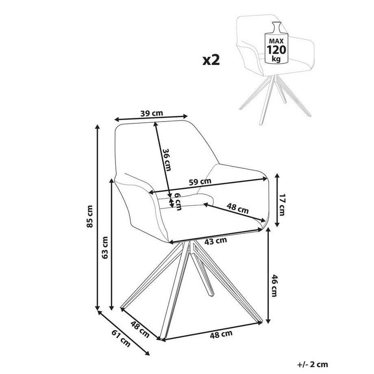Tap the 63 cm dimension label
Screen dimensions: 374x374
click(105, 248)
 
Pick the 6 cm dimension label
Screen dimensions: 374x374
click(178, 200)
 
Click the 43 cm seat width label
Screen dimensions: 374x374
click(215, 240)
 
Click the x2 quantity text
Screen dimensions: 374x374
click(211, 60)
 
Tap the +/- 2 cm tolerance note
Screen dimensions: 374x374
click(313, 364)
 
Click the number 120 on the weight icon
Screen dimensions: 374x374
click(276, 50)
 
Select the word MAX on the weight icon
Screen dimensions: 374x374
click(276, 41)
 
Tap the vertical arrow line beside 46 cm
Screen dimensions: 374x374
click(268, 276)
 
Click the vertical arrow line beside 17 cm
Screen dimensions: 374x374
click(277, 200)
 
